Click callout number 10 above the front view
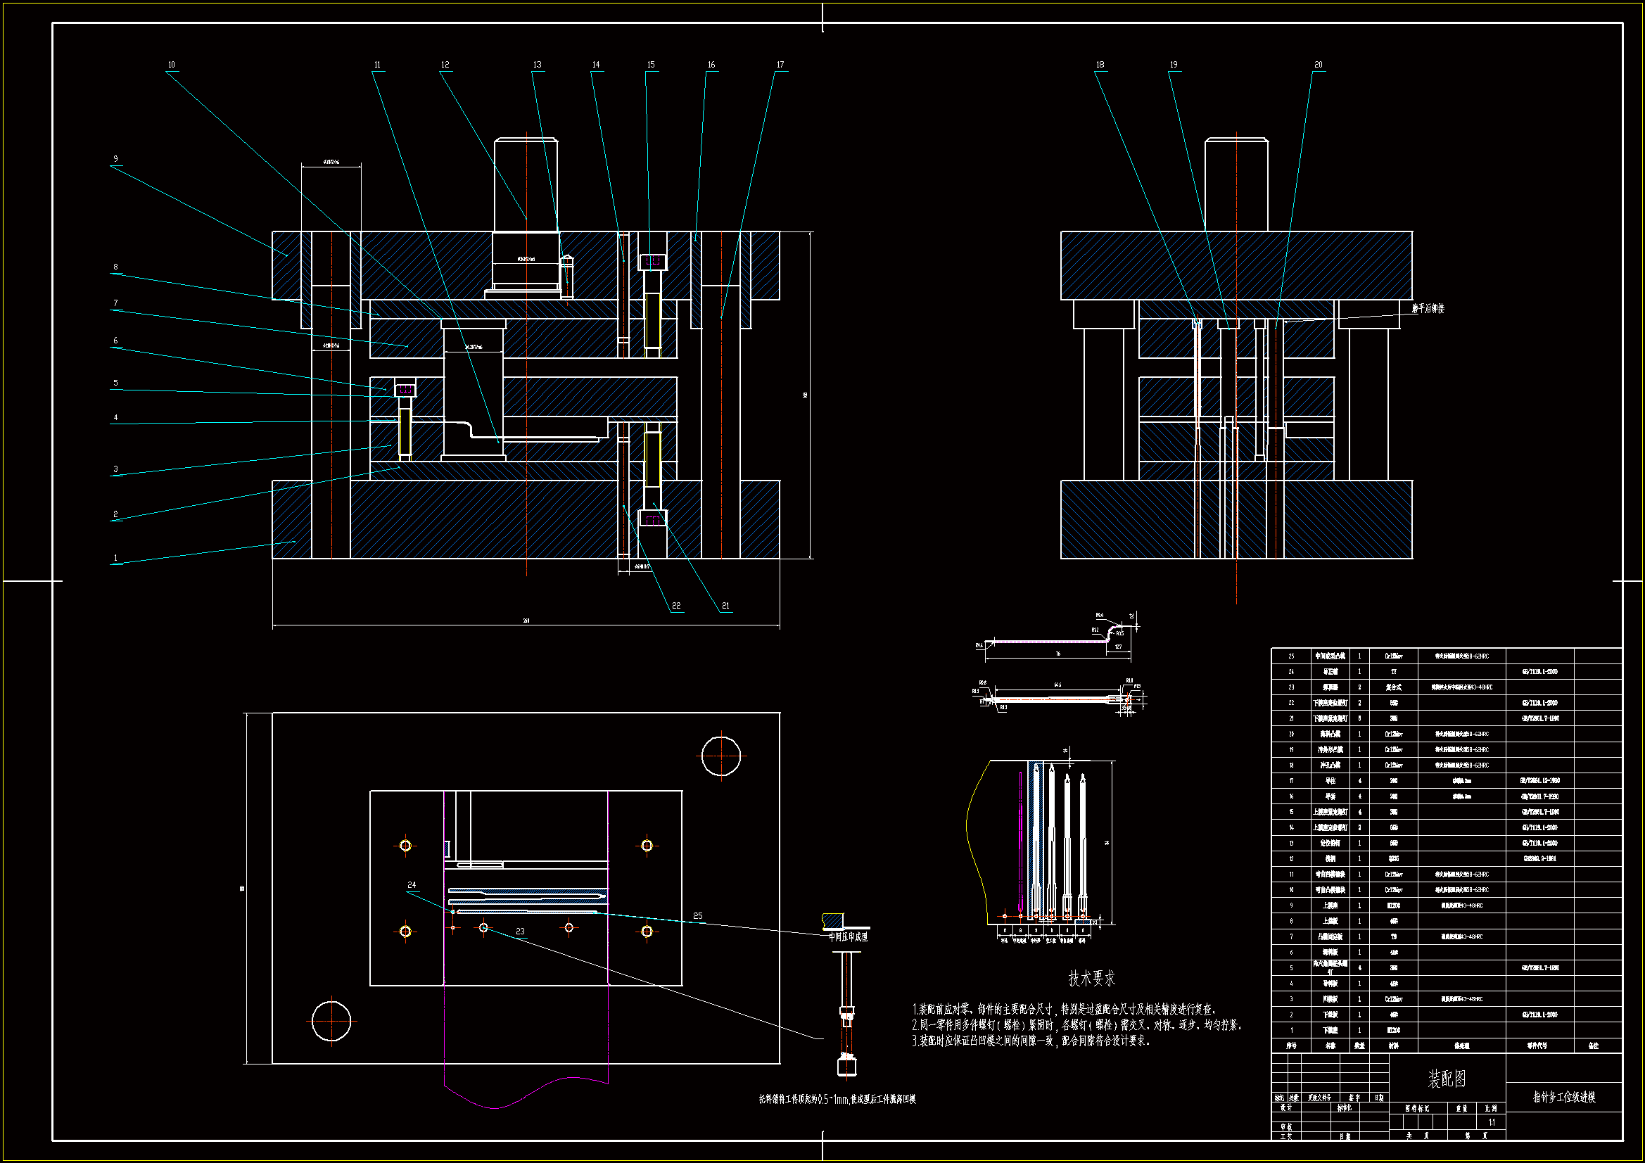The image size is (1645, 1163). point(171,65)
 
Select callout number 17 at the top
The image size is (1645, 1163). point(780,65)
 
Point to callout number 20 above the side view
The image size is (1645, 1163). point(1319,65)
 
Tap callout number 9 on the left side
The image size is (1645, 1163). point(115,159)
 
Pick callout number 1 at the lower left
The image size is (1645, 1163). point(115,557)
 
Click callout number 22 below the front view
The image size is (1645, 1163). point(675,606)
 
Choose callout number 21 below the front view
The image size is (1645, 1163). point(725,606)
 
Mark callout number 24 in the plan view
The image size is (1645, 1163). point(411,885)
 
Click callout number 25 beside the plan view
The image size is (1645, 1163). point(697,916)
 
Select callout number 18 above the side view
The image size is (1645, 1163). point(1100,65)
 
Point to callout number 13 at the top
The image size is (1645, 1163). point(538,65)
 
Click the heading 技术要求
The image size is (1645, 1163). point(1091,978)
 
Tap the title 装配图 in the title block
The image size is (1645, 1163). point(1447,1079)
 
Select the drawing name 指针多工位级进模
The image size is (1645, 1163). point(1563,1097)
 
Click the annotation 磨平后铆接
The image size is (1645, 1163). point(1428,309)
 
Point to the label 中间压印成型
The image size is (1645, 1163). point(848,937)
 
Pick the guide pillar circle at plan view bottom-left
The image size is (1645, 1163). point(331,1021)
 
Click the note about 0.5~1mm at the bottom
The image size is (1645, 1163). point(837,1099)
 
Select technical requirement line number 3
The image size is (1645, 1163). point(1031,1041)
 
